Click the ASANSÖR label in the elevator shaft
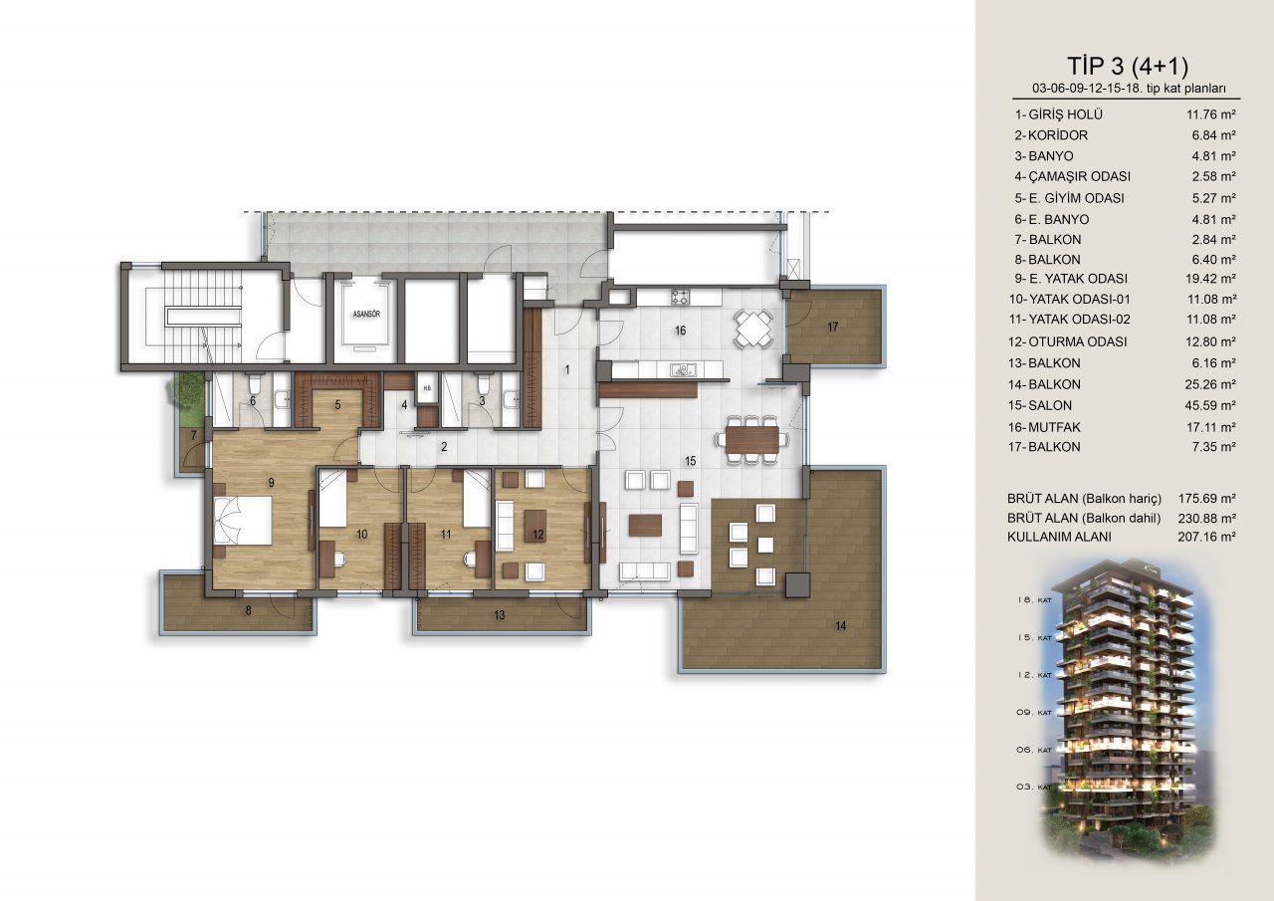pyautogui.click(x=366, y=314)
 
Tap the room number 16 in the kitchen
pyautogui.click(x=680, y=331)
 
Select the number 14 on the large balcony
pyautogui.click(x=841, y=626)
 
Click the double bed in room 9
pyautogui.click(x=243, y=521)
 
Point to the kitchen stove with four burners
pyautogui.click(x=680, y=297)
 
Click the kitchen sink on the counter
pyautogui.click(x=682, y=370)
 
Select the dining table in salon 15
pyautogui.click(x=751, y=439)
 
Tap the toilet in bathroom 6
pyautogui.click(x=254, y=384)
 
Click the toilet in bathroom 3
pyautogui.click(x=484, y=384)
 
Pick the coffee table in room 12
pyautogui.click(x=534, y=526)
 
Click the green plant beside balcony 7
pyautogui.click(x=186, y=391)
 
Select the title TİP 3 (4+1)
pyautogui.click(x=1128, y=66)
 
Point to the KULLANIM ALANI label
pyautogui.click(x=1059, y=537)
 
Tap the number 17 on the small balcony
pyautogui.click(x=833, y=327)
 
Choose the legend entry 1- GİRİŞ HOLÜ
pyautogui.click(x=1058, y=114)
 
